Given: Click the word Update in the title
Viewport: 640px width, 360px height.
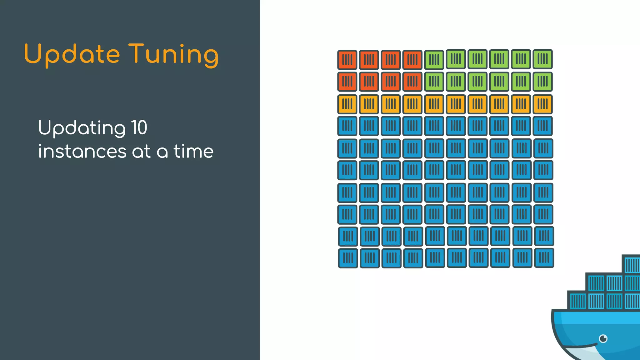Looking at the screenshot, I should pos(72,54).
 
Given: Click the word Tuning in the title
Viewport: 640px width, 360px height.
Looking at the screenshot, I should pos(173,54).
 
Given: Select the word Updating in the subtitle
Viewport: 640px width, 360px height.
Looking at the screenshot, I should pos(82,128).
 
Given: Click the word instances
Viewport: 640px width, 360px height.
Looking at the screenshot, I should pos(82,152).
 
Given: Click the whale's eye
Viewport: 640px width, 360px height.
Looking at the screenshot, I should pos(603,338).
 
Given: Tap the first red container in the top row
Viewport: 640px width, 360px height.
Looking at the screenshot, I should pos(347,59).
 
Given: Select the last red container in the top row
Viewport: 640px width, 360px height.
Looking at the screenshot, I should pos(412,59).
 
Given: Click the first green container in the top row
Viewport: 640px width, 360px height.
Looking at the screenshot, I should pos(434,59).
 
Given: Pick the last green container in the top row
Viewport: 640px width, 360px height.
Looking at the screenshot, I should pos(542,59).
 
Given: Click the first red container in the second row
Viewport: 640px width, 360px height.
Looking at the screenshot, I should pos(347,82).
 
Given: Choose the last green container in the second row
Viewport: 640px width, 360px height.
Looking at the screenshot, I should pos(542,82).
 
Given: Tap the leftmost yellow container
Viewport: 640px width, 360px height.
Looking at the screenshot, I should pos(347,104).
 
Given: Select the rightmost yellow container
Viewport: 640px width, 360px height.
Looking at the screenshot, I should pos(542,104).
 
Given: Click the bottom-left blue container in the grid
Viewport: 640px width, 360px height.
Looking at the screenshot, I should pos(348,258).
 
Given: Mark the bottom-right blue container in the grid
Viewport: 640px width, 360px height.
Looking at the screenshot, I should pos(544,258).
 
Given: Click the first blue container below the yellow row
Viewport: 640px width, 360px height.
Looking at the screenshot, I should pos(347,126).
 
